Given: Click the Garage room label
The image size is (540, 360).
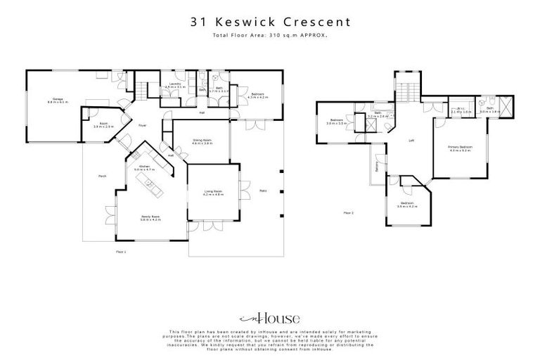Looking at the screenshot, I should (x=54, y=99).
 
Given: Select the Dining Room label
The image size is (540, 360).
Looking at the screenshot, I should (x=202, y=140).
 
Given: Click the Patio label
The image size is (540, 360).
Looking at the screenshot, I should (x=262, y=191).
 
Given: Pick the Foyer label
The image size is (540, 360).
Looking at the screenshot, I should (x=141, y=125).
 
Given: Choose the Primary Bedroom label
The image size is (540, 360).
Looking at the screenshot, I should (x=460, y=147).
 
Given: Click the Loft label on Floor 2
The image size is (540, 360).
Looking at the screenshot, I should (x=411, y=141).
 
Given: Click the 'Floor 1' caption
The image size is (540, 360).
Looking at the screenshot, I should (x=120, y=251).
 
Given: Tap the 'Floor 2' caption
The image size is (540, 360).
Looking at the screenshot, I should (x=348, y=212).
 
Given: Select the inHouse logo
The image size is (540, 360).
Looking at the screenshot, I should (x=269, y=319).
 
